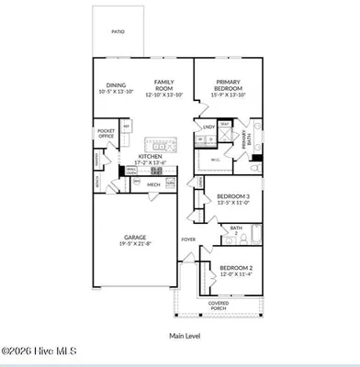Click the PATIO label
[118, 31]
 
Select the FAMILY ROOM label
[164, 85]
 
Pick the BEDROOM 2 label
[236, 269]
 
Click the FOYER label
[188, 239]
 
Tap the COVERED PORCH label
[219, 306]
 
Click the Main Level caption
[184, 337]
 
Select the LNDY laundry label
[209, 127]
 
